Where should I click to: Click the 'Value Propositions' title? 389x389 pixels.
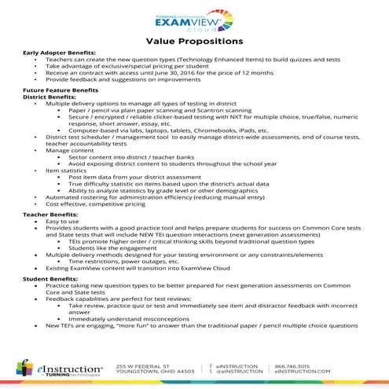[x=194, y=40]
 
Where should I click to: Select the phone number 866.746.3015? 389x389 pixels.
[x=292, y=365]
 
